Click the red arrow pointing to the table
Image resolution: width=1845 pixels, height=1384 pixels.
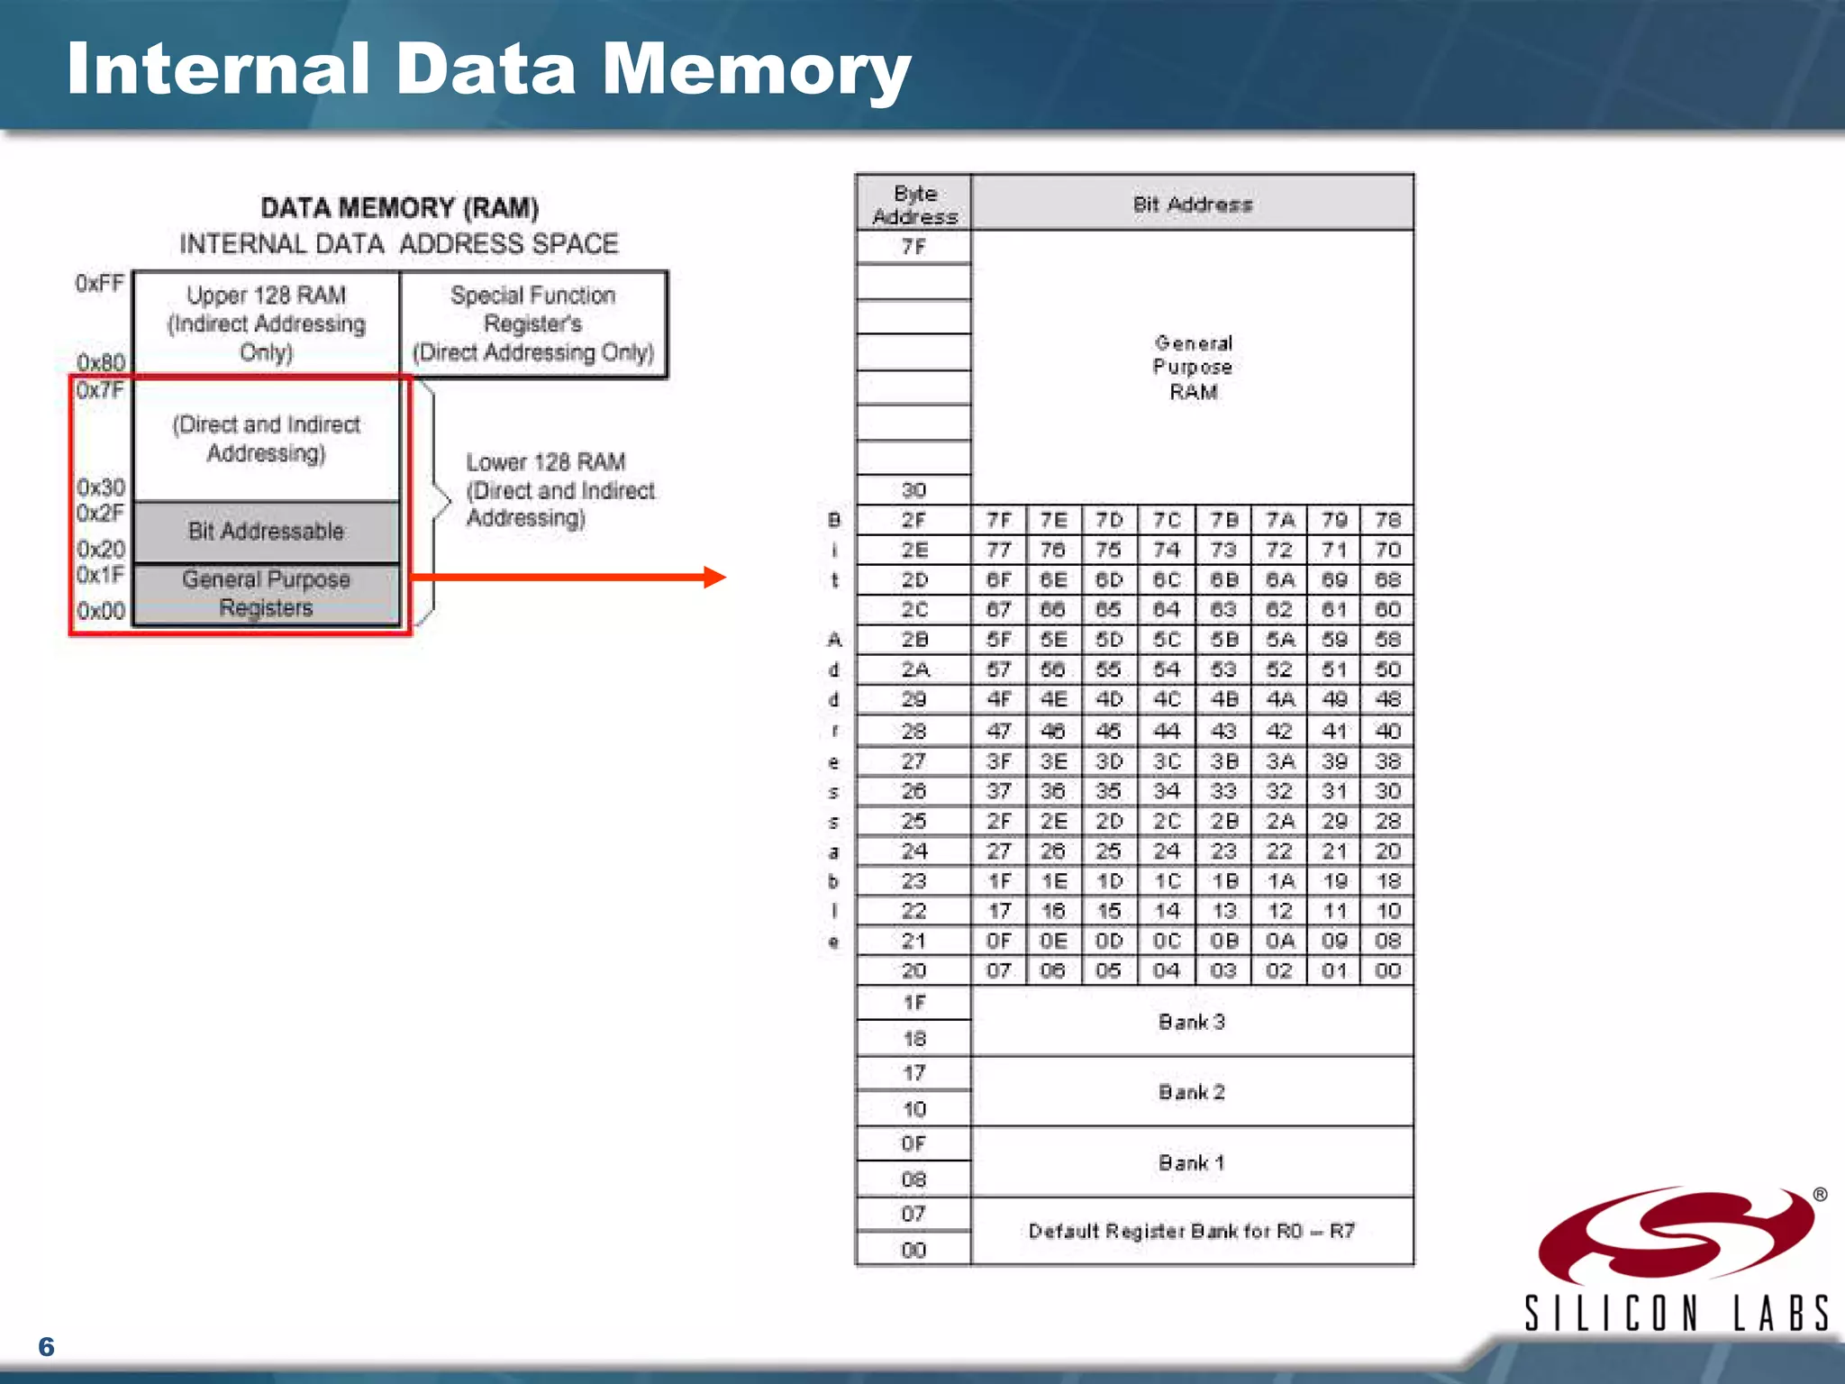pos(568,577)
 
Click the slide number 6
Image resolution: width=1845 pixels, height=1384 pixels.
pos(47,1346)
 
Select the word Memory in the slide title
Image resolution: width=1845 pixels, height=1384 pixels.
pos(756,70)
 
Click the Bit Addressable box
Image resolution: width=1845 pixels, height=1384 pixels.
pos(266,532)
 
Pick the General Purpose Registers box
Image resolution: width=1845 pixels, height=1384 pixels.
pos(266,593)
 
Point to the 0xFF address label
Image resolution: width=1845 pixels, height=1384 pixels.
pos(99,284)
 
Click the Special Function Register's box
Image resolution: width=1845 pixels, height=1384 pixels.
pos(533,323)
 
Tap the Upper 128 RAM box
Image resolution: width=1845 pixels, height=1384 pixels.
pos(266,323)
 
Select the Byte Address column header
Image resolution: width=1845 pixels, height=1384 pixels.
pos(913,205)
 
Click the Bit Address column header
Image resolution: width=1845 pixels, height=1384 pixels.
pos(1192,205)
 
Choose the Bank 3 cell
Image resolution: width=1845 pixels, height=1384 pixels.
pos(1192,1022)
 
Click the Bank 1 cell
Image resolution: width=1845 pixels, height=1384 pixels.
pos(1192,1162)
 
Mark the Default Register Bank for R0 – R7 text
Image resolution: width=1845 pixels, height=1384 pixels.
pos(1192,1231)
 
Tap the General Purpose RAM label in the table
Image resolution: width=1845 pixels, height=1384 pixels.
pos(1192,367)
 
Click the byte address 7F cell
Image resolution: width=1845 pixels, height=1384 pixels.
pos(913,247)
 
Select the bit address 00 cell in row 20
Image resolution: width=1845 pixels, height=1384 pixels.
pos(1387,970)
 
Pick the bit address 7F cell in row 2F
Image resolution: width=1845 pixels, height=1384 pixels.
pos(999,520)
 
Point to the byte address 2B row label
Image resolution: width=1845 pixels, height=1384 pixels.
pos(913,640)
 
